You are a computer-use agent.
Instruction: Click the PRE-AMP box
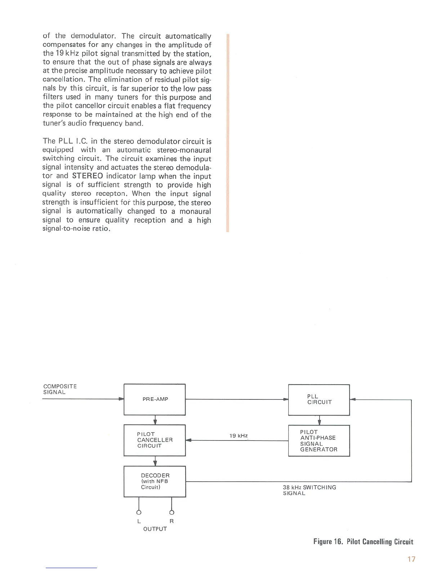coord(155,399)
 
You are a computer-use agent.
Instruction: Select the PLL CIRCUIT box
coord(319,400)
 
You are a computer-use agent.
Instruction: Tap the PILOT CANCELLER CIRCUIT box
coord(155,440)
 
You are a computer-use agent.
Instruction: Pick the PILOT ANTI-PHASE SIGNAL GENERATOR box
coord(319,441)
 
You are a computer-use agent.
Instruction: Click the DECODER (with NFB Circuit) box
coord(155,482)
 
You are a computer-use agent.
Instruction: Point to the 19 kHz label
coord(239,436)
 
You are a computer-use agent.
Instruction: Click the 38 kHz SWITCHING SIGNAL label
coord(309,490)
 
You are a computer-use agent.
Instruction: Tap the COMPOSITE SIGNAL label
coord(60,389)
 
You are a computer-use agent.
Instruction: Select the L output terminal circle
coord(139,512)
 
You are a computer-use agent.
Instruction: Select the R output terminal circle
coord(171,512)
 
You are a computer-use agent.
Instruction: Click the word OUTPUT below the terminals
coord(155,529)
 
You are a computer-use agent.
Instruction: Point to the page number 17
coord(411,559)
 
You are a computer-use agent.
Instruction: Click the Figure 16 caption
coord(363,542)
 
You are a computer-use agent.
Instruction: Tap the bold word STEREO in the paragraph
coord(88,176)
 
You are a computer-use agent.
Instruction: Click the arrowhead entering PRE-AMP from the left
coord(121,399)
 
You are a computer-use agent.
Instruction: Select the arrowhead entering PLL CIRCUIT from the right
coord(353,399)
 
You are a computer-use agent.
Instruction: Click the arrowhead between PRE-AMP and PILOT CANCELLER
coord(155,422)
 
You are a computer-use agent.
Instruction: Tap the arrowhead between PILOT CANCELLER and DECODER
coord(155,464)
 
